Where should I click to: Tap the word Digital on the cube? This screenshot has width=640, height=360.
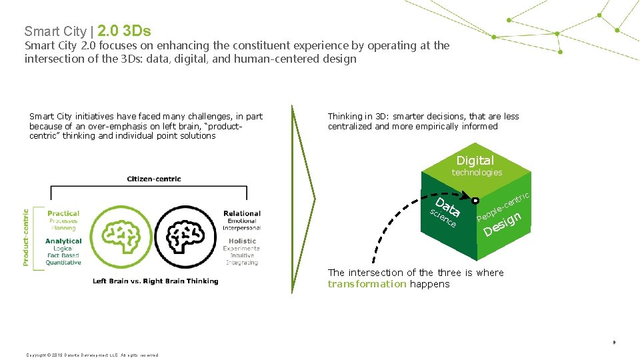pos(475,161)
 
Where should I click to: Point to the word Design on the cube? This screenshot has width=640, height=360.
pos(502,224)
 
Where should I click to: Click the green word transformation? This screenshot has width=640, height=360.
pos(367,284)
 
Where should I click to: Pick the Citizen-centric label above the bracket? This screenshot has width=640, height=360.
pos(154,179)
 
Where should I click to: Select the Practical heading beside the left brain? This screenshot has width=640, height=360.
pos(63,213)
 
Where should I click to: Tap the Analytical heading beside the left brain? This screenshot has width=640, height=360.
pos(63,241)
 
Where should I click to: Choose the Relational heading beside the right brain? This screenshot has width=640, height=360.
pos(241,214)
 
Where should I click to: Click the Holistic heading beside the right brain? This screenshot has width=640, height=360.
pos(242,241)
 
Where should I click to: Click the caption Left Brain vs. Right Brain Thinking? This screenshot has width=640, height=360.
pos(155,281)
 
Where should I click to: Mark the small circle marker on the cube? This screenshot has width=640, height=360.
pos(475,200)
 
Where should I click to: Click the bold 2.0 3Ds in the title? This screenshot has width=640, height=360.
pos(124,31)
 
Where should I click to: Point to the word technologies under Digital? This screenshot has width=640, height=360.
pos(477,173)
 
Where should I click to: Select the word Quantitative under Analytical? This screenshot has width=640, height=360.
pos(63,263)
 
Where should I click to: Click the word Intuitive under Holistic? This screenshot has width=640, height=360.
pos(242,255)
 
